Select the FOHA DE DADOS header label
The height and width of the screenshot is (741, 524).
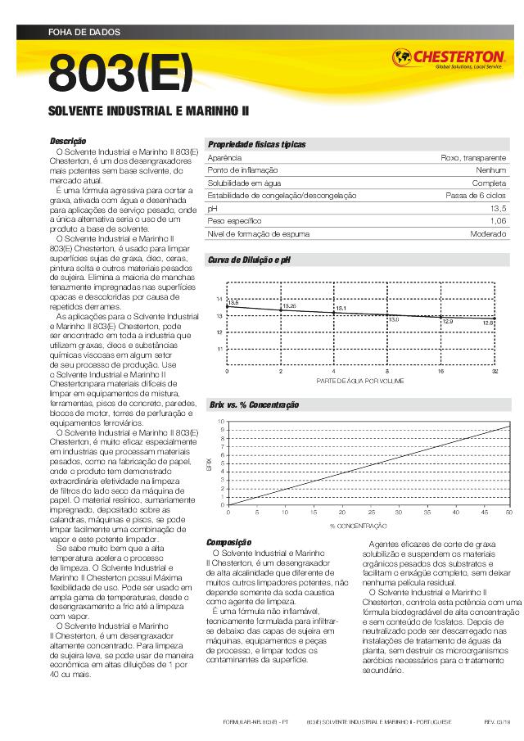(x=84, y=33)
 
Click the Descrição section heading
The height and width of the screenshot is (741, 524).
(x=68, y=142)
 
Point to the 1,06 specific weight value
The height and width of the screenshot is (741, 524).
(x=498, y=221)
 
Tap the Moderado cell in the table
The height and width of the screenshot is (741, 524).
(x=488, y=234)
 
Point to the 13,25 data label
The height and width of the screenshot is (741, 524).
(x=289, y=305)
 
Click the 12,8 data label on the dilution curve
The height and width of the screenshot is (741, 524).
(x=488, y=323)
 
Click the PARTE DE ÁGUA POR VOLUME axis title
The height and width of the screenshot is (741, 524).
(x=359, y=382)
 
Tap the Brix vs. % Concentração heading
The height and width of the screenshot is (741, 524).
(x=254, y=405)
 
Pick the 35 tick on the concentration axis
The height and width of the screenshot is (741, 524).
(x=397, y=512)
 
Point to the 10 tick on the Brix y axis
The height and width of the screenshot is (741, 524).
(x=220, y=422)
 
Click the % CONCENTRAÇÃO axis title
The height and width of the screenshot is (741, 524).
(x=358, y=525)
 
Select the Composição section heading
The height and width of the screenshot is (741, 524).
(x=228, y=543)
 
